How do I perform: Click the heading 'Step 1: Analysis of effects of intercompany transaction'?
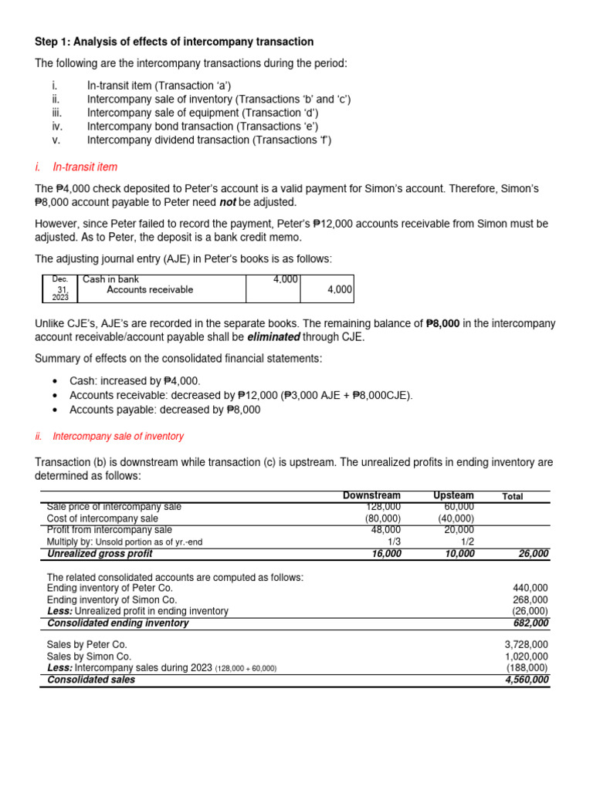point(175,42)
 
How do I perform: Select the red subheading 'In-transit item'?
point(85,167)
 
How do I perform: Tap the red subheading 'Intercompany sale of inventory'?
point(117,437)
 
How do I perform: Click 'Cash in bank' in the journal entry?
point(111,279)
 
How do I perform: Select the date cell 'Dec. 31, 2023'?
point(60,289)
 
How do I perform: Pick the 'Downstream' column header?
point(371,495)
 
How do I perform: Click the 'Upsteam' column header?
point(454,495)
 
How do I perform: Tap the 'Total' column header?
point(513,496)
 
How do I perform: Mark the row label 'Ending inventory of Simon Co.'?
point(112,599)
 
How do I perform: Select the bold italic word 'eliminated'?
point(273,337)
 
